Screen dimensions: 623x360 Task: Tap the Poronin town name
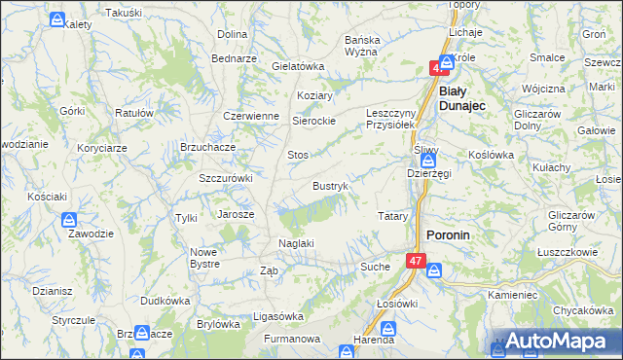click(449, 235)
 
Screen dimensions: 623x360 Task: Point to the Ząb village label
click(270, 271)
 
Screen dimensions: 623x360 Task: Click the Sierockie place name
click(314, 122)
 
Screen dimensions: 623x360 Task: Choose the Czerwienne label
click(251, 115)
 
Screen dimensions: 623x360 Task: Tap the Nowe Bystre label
click(204, 258)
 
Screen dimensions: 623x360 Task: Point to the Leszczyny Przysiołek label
click(390, 119)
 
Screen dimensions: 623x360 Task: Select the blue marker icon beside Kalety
click(58, 19)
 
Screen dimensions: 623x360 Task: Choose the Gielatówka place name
click(298, 66)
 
